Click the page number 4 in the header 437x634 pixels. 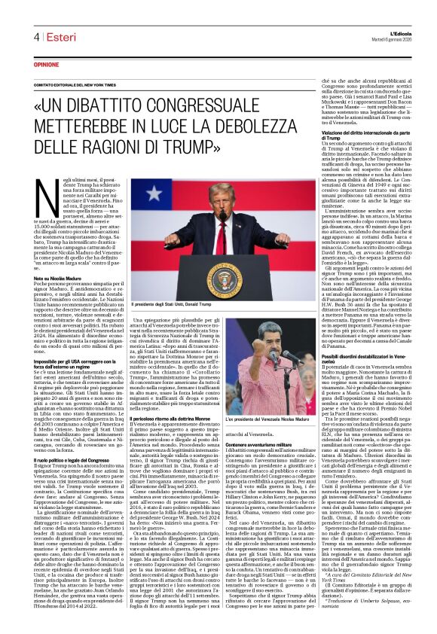tap(36, 37)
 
